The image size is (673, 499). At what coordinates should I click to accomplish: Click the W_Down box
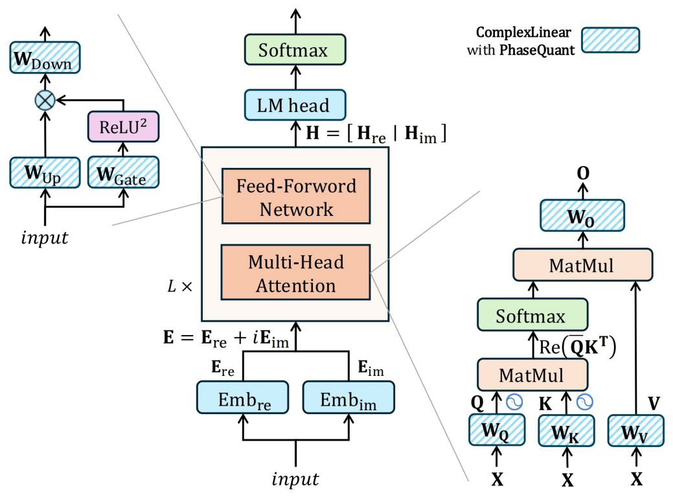pos(44,58)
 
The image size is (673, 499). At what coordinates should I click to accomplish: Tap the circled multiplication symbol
pos(45,100)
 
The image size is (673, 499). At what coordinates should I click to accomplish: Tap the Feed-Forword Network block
pos(296,197)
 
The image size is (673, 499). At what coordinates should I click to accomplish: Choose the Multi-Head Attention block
pos(296,273)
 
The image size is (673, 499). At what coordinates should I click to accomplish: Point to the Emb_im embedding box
pos(348,397)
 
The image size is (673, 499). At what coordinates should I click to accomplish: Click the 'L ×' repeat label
pos(181,285)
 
